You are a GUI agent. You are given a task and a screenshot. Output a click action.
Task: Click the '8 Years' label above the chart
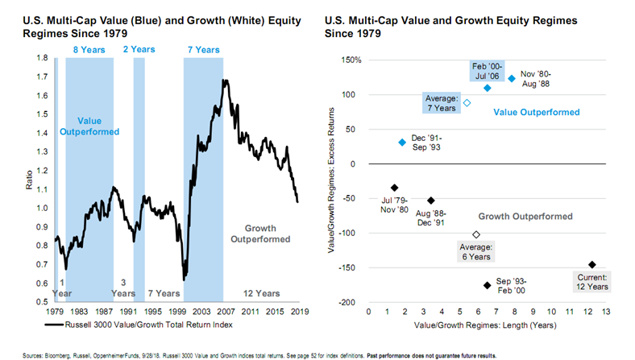click(89, 49)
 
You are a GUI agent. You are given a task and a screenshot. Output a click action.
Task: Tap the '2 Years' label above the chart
click(139, 49)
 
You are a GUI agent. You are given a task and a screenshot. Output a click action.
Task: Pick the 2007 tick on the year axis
click(224, 311)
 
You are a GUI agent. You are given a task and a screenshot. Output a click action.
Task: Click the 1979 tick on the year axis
click(56, 311)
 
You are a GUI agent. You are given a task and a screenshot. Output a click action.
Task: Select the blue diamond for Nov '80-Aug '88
click(511, 79)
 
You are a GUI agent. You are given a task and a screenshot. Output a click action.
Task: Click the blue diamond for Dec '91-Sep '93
click(402, 143)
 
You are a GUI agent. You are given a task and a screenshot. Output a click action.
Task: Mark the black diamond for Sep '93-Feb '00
click(487, 285)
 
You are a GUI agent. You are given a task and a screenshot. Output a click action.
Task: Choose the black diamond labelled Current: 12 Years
click(591, 264)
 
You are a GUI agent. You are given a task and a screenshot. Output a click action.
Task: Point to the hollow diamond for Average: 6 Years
click(475, 234)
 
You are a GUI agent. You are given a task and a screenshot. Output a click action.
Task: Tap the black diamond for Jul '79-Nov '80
click(395, 188)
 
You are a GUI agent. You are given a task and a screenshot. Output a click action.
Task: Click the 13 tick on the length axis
click(606, 311)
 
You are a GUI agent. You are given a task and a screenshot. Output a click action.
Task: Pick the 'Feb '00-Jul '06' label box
click(487, 69)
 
